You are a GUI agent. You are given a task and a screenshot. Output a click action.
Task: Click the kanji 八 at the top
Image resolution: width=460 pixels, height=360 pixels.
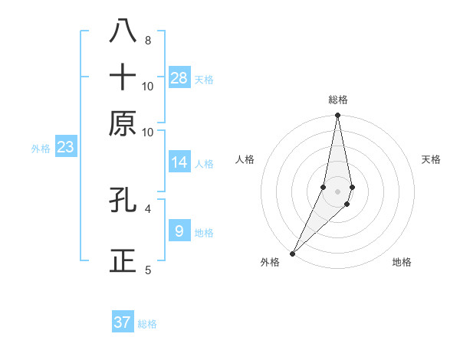(x=123, y=31)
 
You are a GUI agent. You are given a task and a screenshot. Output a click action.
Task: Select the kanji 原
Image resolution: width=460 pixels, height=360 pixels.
(x=123, y=123)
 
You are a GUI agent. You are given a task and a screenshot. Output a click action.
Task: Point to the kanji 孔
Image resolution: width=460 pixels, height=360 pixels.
(x=123, y=200)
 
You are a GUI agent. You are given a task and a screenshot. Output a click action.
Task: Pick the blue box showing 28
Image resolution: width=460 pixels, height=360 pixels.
(x=179, y=77)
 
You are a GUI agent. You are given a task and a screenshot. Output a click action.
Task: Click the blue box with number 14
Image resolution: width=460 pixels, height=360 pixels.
(x=179, y=162)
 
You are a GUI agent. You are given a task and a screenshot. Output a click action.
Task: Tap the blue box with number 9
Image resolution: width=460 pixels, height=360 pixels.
(x=179, y=231)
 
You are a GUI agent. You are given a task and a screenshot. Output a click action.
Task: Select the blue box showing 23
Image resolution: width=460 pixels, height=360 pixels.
(x=65, y=147)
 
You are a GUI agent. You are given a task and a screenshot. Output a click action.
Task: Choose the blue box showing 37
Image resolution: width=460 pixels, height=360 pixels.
(x=123, y=322)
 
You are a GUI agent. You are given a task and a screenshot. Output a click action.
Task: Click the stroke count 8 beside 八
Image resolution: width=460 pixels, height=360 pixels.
(x=147, y=41)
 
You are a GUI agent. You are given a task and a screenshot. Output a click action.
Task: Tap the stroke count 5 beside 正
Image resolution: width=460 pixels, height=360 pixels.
(x=147, y=270)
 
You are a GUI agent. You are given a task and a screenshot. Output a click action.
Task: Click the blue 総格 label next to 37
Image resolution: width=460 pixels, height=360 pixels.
(x=147, y=324)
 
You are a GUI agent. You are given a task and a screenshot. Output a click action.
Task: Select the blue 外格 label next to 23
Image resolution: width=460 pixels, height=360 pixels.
(x=41, y=149)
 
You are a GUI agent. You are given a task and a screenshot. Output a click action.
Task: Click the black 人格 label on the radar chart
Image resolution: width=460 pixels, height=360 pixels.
(x=245, y=159)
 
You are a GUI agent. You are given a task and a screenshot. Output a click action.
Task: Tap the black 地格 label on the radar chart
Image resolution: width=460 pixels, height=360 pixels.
(x=402, y=262)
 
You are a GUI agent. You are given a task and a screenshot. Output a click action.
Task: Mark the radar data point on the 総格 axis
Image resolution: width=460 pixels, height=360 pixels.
(x=337, y=116)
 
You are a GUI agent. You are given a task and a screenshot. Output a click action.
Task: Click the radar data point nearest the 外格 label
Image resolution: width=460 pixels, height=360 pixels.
(x=293, y=253)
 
